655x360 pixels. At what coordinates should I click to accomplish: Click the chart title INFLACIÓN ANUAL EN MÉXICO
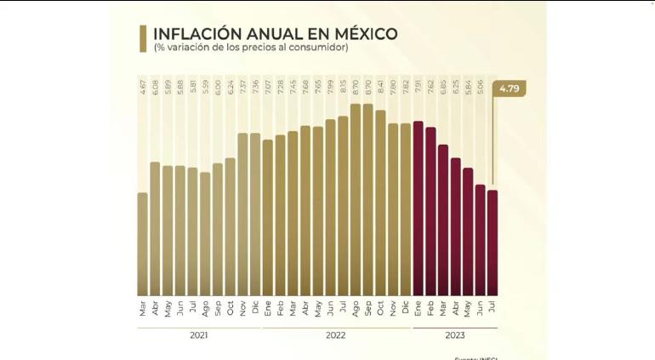click(x=275, y=33)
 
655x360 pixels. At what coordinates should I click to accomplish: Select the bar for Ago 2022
click(x=356, y=200)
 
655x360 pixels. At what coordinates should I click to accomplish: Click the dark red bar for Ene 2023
click(x=419, y=209)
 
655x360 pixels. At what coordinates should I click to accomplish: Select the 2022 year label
click(x=335, y=335)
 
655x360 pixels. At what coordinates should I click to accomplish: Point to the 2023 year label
click(x=455, y=335)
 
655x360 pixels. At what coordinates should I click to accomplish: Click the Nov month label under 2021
click(x=242, y=307)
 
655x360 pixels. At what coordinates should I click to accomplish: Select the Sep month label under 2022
click(x=368, y=307)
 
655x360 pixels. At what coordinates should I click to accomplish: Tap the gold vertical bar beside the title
click(x=144, y=38)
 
